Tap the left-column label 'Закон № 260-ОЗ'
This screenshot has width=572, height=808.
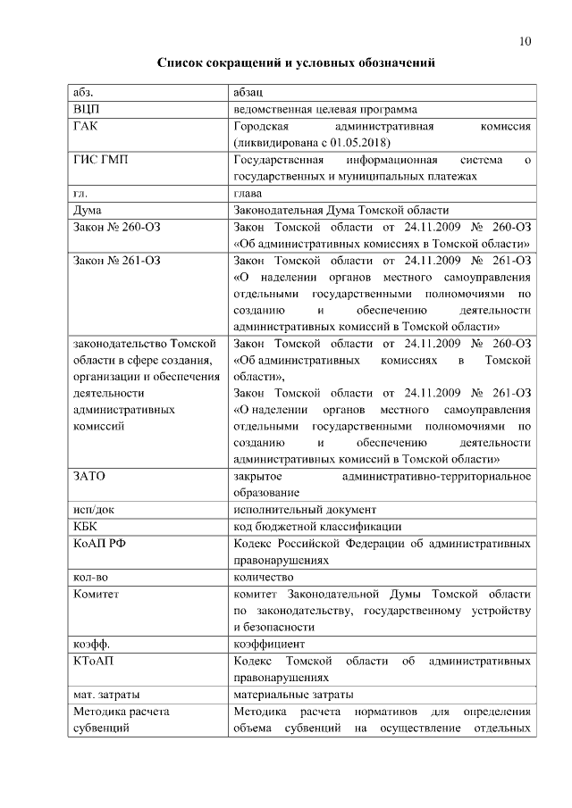click(116, 227)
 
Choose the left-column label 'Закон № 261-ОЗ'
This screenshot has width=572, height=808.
click(116, 260)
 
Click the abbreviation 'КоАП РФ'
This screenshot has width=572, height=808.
click(97, 543)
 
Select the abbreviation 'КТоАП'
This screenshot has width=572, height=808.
click(93, 660)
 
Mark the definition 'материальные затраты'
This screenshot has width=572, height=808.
click(293, 694)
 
